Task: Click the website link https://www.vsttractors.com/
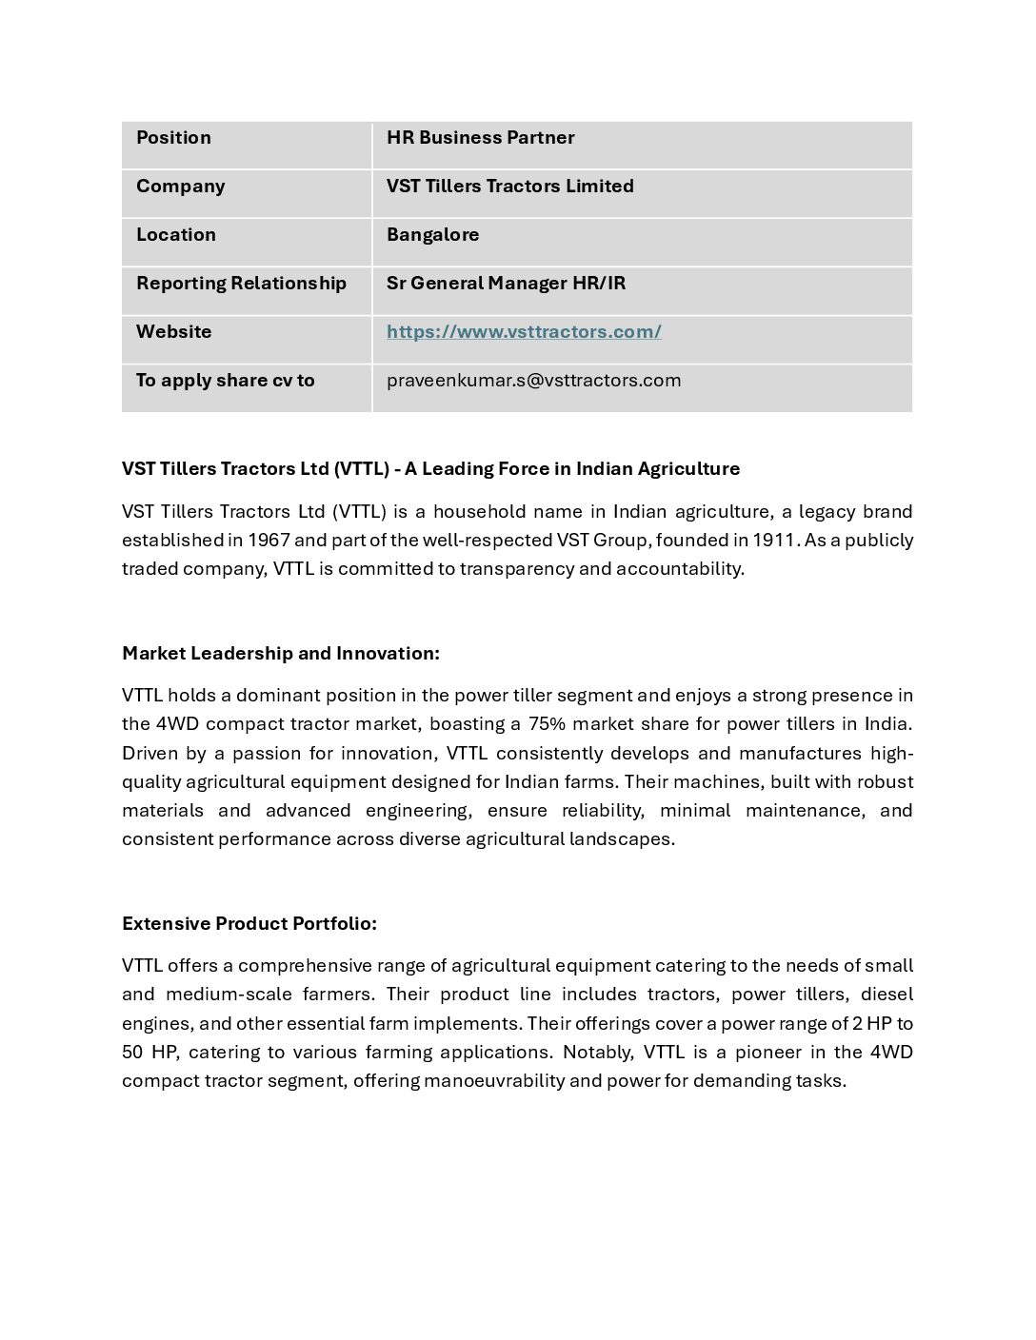tap(524, 332)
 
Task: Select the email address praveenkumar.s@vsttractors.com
tap(533, 381)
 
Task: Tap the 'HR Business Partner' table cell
tap(480, 138)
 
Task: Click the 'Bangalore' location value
tap(432, 235)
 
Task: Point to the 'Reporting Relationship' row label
tap(241, 284)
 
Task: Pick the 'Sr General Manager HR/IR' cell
tap(506, 284)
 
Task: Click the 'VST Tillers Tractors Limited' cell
tap(509, 187)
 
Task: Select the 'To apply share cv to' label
tap(225, 381)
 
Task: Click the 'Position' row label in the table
tap(173, 138)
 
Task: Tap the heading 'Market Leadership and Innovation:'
tap(280, 654)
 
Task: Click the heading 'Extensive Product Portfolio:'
tap(249, 924)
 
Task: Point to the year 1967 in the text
tap(269, 541)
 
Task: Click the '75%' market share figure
tap(547, 724)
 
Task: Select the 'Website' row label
tap(173, 332)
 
